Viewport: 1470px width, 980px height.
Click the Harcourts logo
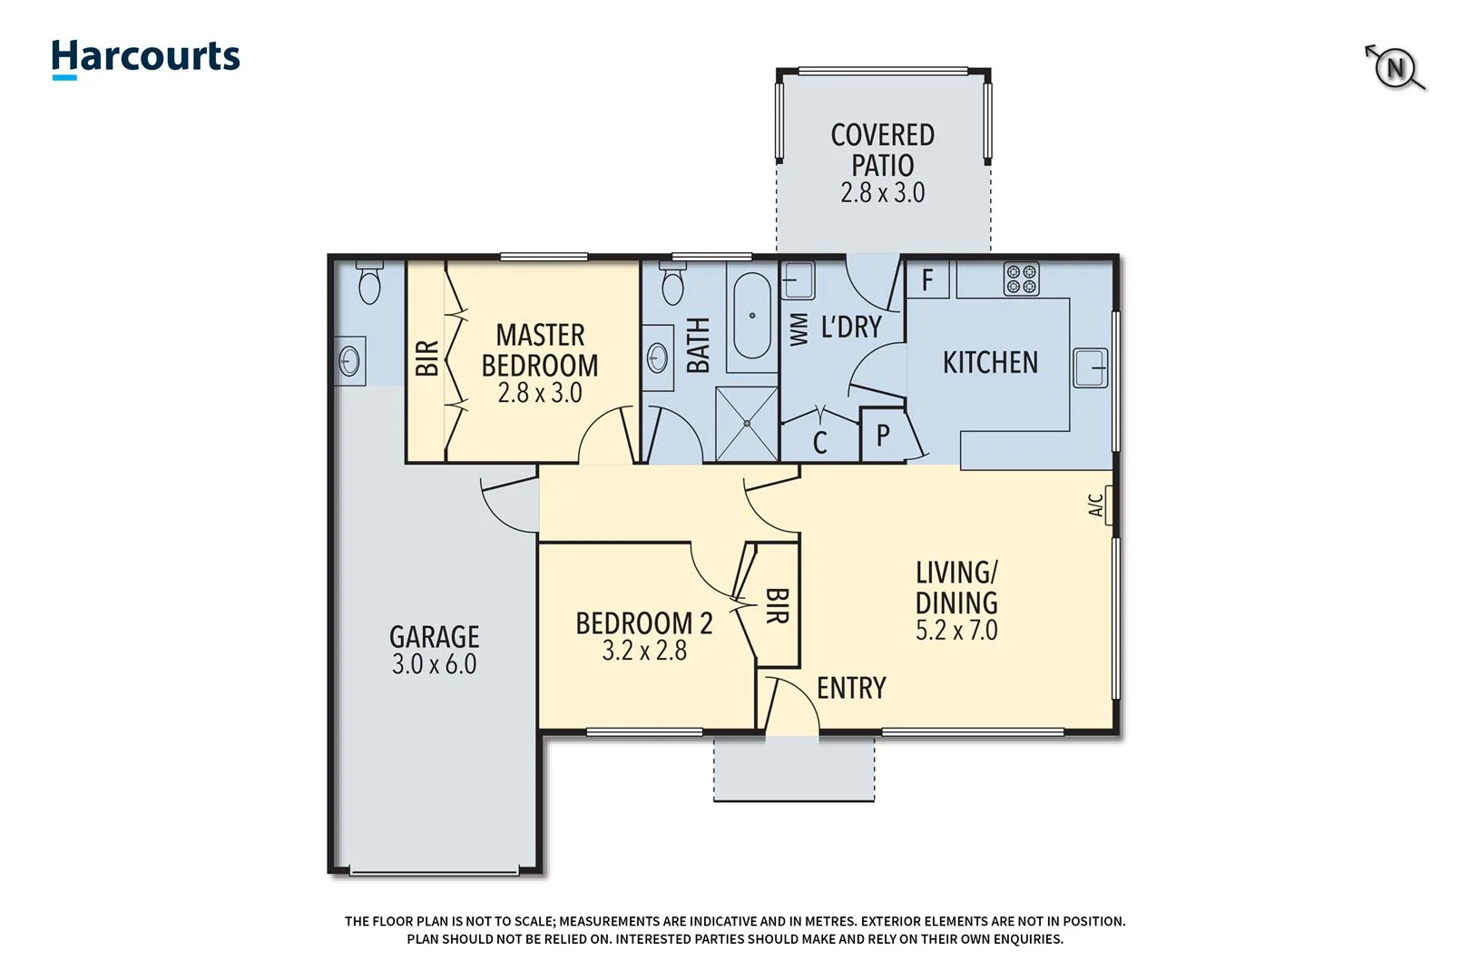[x=145, y=58]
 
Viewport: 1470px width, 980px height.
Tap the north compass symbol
[x=1396, y=68]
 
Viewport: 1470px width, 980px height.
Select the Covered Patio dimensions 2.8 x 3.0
[x=882, y=193]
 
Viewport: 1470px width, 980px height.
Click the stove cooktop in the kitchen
[x=1021, y=279]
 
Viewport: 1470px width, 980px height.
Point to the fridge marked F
[x=927, y=279]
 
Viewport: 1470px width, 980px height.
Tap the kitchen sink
[x=1090, y=367]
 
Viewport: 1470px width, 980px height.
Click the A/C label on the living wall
[x=1096, y=505]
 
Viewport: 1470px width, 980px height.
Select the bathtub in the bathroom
[x=751, y=316]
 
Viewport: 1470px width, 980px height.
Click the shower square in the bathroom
[x=747, y=423]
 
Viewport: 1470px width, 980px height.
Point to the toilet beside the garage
[x=369, y=284]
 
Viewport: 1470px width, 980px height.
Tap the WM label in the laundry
[x=799, y=329]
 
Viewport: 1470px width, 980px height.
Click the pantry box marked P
[x=882, y=436]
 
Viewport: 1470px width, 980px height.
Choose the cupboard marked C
[x=819, y=443]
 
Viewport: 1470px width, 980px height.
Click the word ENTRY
[x=850, y=689]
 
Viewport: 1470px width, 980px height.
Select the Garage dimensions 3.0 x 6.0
[x=434, y=664]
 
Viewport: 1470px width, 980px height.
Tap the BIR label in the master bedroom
[x=426, y=358]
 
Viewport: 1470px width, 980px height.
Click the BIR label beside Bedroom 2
[x=777, y=605]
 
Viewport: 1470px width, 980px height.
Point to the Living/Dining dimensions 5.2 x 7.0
[x=955, y=631]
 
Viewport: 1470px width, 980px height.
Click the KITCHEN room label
[x=989, y=363]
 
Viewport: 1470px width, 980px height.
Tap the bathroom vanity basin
[x=657, y=358]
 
